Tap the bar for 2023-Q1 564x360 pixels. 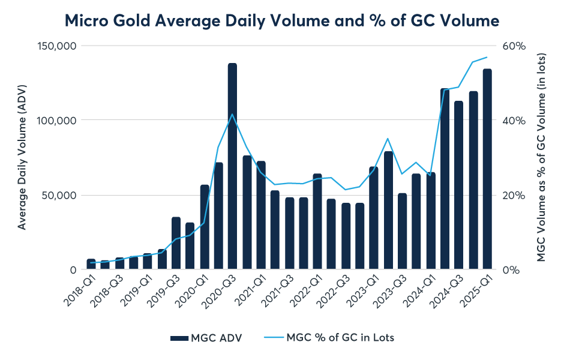coord(374,218)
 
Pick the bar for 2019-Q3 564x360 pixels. coord(176,244)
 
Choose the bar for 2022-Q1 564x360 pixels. coord(317,222)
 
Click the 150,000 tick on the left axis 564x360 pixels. coord(58,46)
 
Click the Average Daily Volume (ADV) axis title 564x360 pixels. coord(22,157)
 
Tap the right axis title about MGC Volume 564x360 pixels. coord(541,157)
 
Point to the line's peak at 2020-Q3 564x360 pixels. coord(232,114)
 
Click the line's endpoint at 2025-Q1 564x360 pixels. coord(487,57)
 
